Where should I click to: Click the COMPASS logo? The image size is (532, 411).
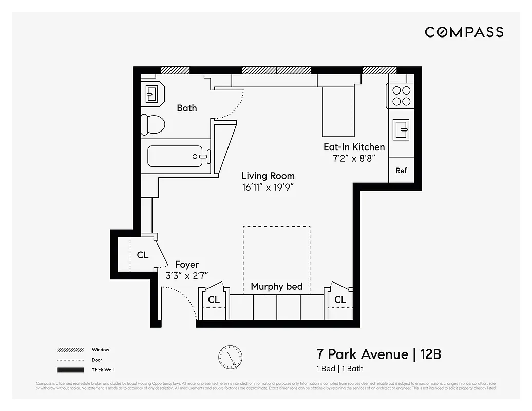point(464,32)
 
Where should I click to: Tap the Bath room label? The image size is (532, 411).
point(187,108)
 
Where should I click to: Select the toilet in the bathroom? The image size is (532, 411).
point(153,124)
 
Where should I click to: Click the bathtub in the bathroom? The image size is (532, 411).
point(175,156)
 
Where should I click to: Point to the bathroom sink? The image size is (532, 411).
point(152,94)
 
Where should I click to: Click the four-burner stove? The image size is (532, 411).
point(401,96)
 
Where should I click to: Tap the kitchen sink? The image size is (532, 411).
point(401,129)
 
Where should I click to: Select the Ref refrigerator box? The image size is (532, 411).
point(401,170)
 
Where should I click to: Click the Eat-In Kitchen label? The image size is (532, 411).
point(354,147)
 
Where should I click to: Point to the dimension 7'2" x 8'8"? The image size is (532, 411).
point(354,158)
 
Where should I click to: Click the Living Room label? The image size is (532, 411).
point(268,176)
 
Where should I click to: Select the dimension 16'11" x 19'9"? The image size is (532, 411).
point(268,188)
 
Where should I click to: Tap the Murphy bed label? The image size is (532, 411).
point(276,287)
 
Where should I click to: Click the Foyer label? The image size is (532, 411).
point(186,265)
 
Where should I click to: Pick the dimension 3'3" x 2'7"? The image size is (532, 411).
point(186,276)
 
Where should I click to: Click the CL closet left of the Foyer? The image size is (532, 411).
point(142,255)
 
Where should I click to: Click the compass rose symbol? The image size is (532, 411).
point(230,356)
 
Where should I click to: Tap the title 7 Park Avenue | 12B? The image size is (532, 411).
point(378,354)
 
